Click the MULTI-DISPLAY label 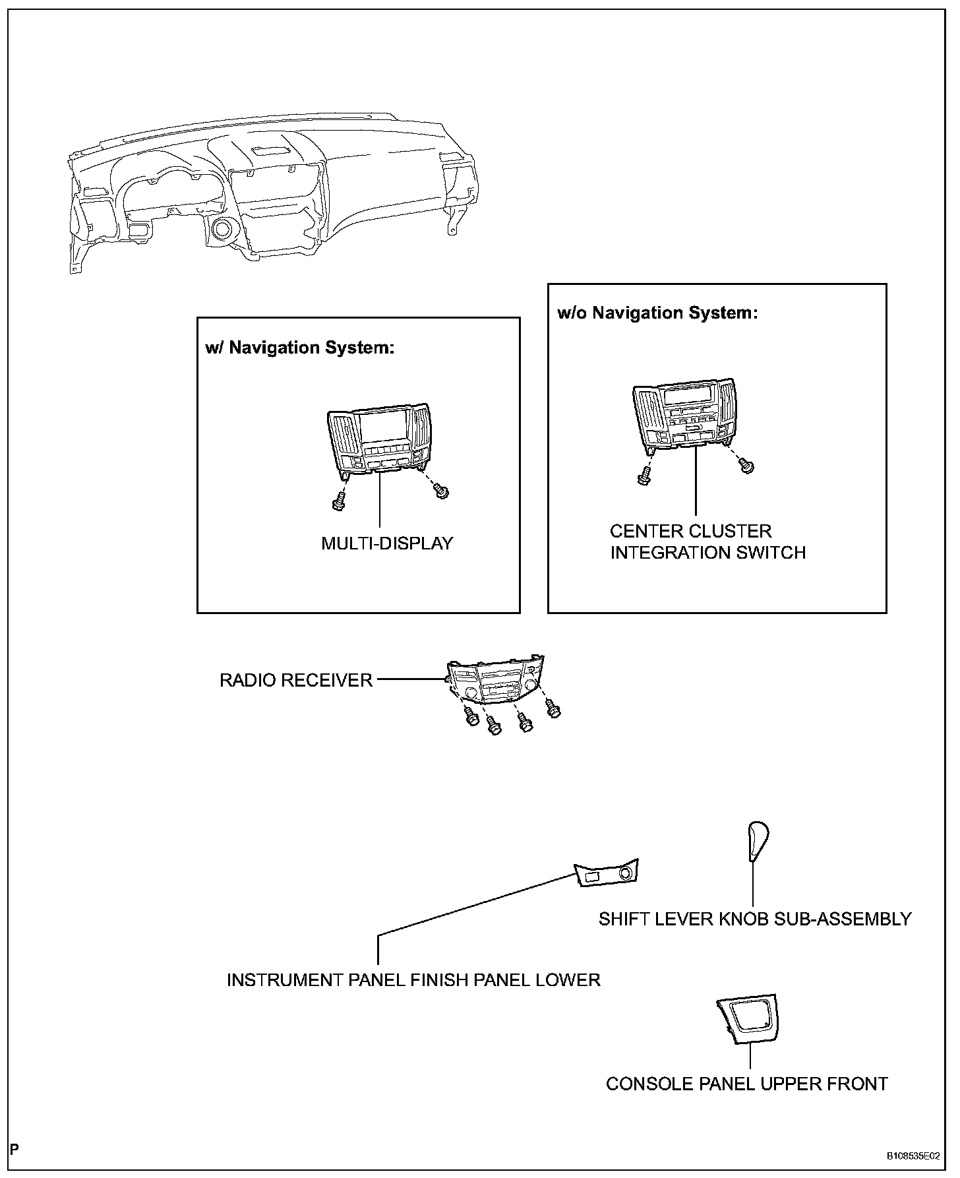(x=387, y=543)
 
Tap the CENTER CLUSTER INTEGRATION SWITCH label (x=707, y=542)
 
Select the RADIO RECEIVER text (x=296, y=680)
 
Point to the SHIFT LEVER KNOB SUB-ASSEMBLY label (x=755, y=919)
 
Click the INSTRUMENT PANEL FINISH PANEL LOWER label (x=413, y=980)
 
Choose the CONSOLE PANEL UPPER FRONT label (x=747, y=1084)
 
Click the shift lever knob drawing (x=758, y=841)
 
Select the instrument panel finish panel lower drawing (x=607, y=874)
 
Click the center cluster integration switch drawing (x=684, y=412)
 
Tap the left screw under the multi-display (x=340, y=502)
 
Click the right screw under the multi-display (x=441, y=491)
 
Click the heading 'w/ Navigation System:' (x=299, y=348)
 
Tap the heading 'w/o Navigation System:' (x=657, y=313)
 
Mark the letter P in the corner (x=15, y=1150)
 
